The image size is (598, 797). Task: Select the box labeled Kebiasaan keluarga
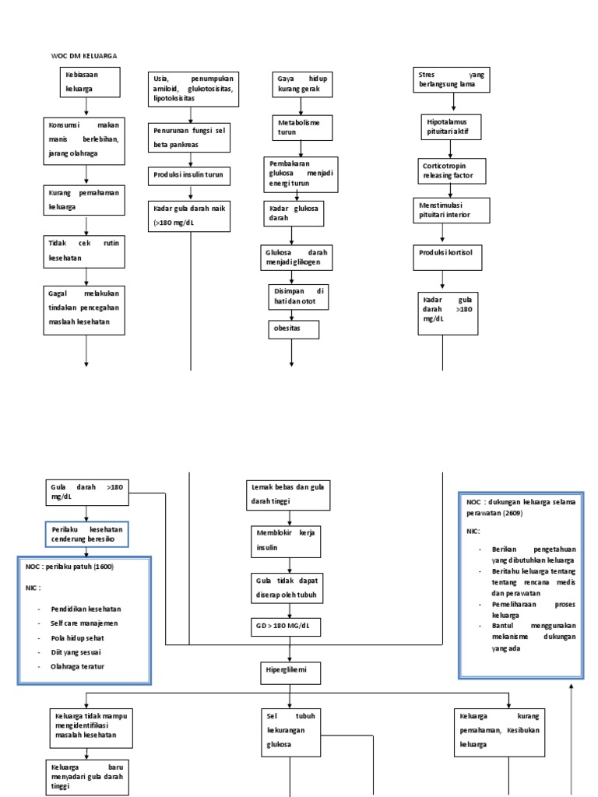point(89,83)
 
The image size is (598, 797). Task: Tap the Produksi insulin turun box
point(189,175)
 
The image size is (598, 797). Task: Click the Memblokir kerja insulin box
point(286,542)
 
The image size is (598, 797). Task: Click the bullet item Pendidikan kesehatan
point(86,609)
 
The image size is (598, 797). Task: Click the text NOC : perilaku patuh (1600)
point(69,567)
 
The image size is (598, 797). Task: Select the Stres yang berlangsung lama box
point(451,79)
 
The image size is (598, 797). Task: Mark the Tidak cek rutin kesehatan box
point(85,250)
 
